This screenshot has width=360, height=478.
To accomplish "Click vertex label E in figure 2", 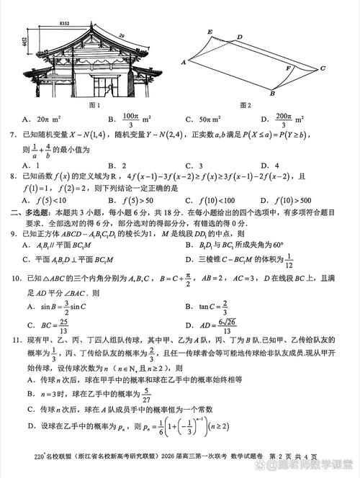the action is [x=209, y=32].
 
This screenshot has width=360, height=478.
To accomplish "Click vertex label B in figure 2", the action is [x=271, y=94].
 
